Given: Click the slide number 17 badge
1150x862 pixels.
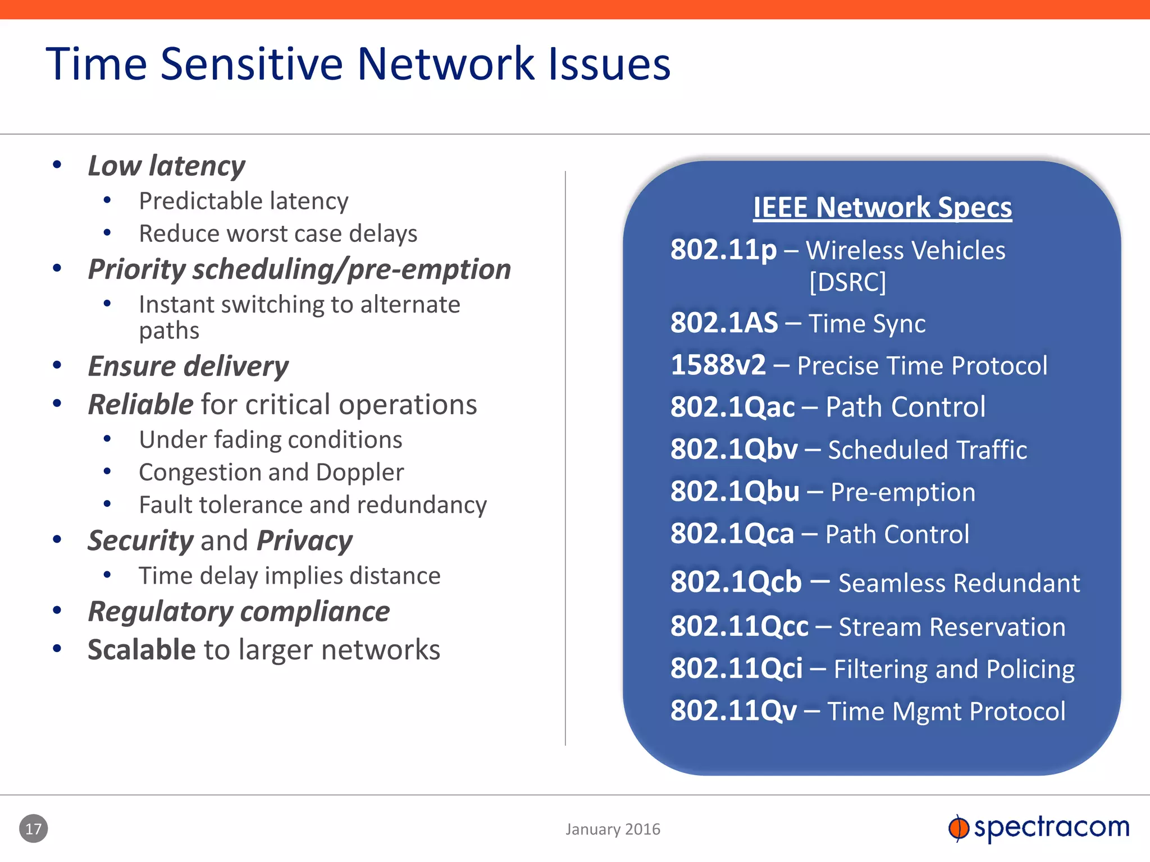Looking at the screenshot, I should click(x=33, y=828).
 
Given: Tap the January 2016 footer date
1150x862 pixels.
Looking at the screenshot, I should click(x=613, y=829).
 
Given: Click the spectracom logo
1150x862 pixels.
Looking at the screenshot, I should click(x=1039, y=828).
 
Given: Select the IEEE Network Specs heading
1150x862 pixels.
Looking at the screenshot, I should click(x=882, y=207).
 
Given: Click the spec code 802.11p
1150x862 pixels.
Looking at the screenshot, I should click(x=723, y=250).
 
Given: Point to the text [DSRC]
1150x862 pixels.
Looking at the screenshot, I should click(x=847, y=282).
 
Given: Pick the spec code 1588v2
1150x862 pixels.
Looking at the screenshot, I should click(x=718, y=365).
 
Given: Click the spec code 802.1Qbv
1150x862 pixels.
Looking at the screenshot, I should click(x=733, y=449).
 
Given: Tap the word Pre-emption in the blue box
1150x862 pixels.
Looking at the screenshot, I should click(x=902, y=492).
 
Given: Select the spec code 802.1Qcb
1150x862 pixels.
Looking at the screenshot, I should click(x=736, y=581).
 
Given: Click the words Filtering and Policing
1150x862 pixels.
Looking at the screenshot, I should click(x=953, y=669).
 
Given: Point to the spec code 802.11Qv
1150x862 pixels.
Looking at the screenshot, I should click(x=733, y=710).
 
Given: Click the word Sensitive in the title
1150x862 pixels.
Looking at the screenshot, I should click(x=251, y=64).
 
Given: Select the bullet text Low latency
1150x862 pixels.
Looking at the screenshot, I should click(x=166, y=166).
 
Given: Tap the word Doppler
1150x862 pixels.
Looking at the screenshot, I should click(x=359, y=472).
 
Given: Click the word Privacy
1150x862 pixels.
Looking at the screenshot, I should click(x=304, y=540).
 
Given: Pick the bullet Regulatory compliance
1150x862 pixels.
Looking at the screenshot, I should click(x=239, y=611).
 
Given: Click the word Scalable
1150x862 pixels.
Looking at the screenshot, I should click(x=142, y=650).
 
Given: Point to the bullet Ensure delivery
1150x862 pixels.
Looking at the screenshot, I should click(x=188, y=366).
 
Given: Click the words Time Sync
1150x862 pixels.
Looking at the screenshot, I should click(x=866, y=323).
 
